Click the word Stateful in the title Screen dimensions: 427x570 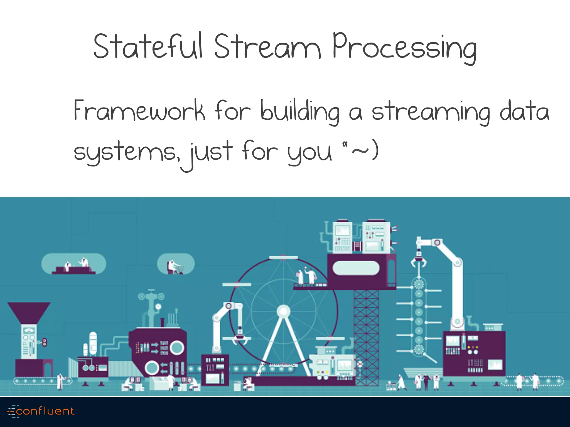[x=148, y=46]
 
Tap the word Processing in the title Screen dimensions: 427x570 [x=404, y=47]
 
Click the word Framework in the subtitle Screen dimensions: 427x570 [x=139, y=111]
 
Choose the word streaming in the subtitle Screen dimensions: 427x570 [x=431, y=112]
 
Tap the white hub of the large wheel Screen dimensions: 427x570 [x=283, y=311]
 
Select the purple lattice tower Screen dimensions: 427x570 [x=366, y=336]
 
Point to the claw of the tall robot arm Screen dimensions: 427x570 [x=418, y=262]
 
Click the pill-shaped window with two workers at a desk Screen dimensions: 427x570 [x=73, y=264]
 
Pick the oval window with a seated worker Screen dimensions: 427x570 [x=176, y=264]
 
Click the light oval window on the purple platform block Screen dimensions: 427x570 [x=356, y=268]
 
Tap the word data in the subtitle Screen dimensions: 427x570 [x=524, y=111]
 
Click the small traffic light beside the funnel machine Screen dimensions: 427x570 [x=44, y=342]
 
